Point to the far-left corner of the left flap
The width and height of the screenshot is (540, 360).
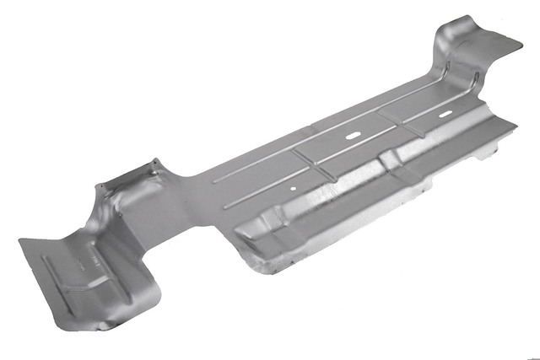[x=19, y=243]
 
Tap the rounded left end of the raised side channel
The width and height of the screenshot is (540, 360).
[x=240, y=228]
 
